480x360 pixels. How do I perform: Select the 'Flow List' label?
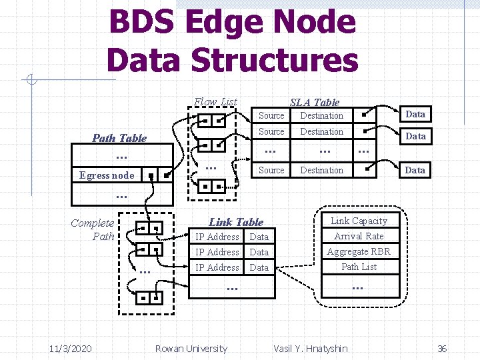click(215, 102)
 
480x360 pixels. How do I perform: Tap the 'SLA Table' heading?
click(315, 102)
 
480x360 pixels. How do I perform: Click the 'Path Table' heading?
click(119, 138)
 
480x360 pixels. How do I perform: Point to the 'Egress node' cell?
click(107, 175)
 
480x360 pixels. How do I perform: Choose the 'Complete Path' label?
click(93, 229)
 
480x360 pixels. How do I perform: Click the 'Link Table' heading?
click(236, 222)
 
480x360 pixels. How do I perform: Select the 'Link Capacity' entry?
click(359, 221)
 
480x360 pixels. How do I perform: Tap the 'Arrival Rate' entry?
click(359, 236)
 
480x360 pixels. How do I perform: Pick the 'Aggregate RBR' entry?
click(359, 251)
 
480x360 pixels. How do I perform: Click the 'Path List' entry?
click(359, 267)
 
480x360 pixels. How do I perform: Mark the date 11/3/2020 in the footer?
click(70, 348)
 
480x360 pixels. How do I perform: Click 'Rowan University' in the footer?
click(191, 348)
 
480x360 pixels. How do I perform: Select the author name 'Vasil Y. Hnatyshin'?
click(311, 348)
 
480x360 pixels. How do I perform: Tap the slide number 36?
click(441, 348)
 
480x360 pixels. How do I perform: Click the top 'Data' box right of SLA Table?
click(415, 114)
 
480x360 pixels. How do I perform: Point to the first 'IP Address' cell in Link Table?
click(217, 237)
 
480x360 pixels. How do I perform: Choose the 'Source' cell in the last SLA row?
click(271, 170)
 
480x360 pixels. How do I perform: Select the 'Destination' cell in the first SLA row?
click(321, 115)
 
